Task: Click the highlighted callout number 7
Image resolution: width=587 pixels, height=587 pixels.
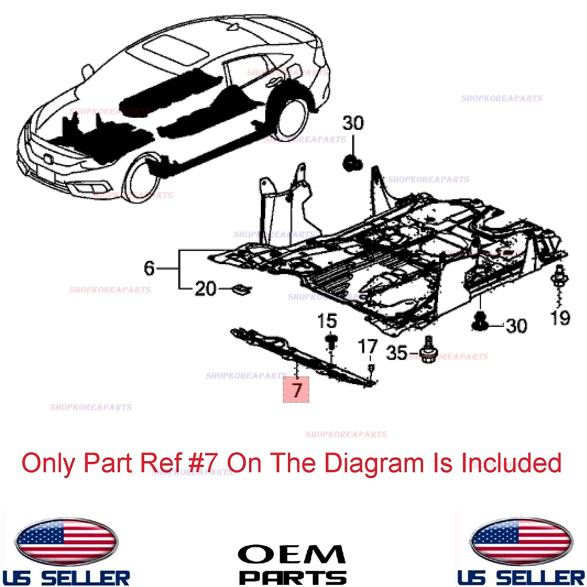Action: click(296, 390)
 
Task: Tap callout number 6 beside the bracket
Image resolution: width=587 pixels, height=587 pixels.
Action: click(149, 268)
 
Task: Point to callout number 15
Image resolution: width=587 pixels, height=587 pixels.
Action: click(327, 321)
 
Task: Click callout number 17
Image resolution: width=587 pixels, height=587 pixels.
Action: click(368, 347)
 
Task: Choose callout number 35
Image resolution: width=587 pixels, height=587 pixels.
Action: click(397, 353)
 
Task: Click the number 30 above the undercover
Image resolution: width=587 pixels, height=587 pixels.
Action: click(353, 123)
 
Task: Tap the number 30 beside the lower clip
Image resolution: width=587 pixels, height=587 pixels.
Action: click(516, 325)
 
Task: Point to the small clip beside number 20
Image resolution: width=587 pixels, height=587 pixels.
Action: click(242, 289)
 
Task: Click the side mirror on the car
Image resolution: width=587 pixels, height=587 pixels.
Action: click(87, 70)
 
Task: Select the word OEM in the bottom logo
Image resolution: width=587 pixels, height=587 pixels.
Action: click(292, 554)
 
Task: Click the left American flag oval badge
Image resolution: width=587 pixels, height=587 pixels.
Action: click(66, 542)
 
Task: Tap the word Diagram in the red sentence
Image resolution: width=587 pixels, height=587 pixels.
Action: click(374, 463)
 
